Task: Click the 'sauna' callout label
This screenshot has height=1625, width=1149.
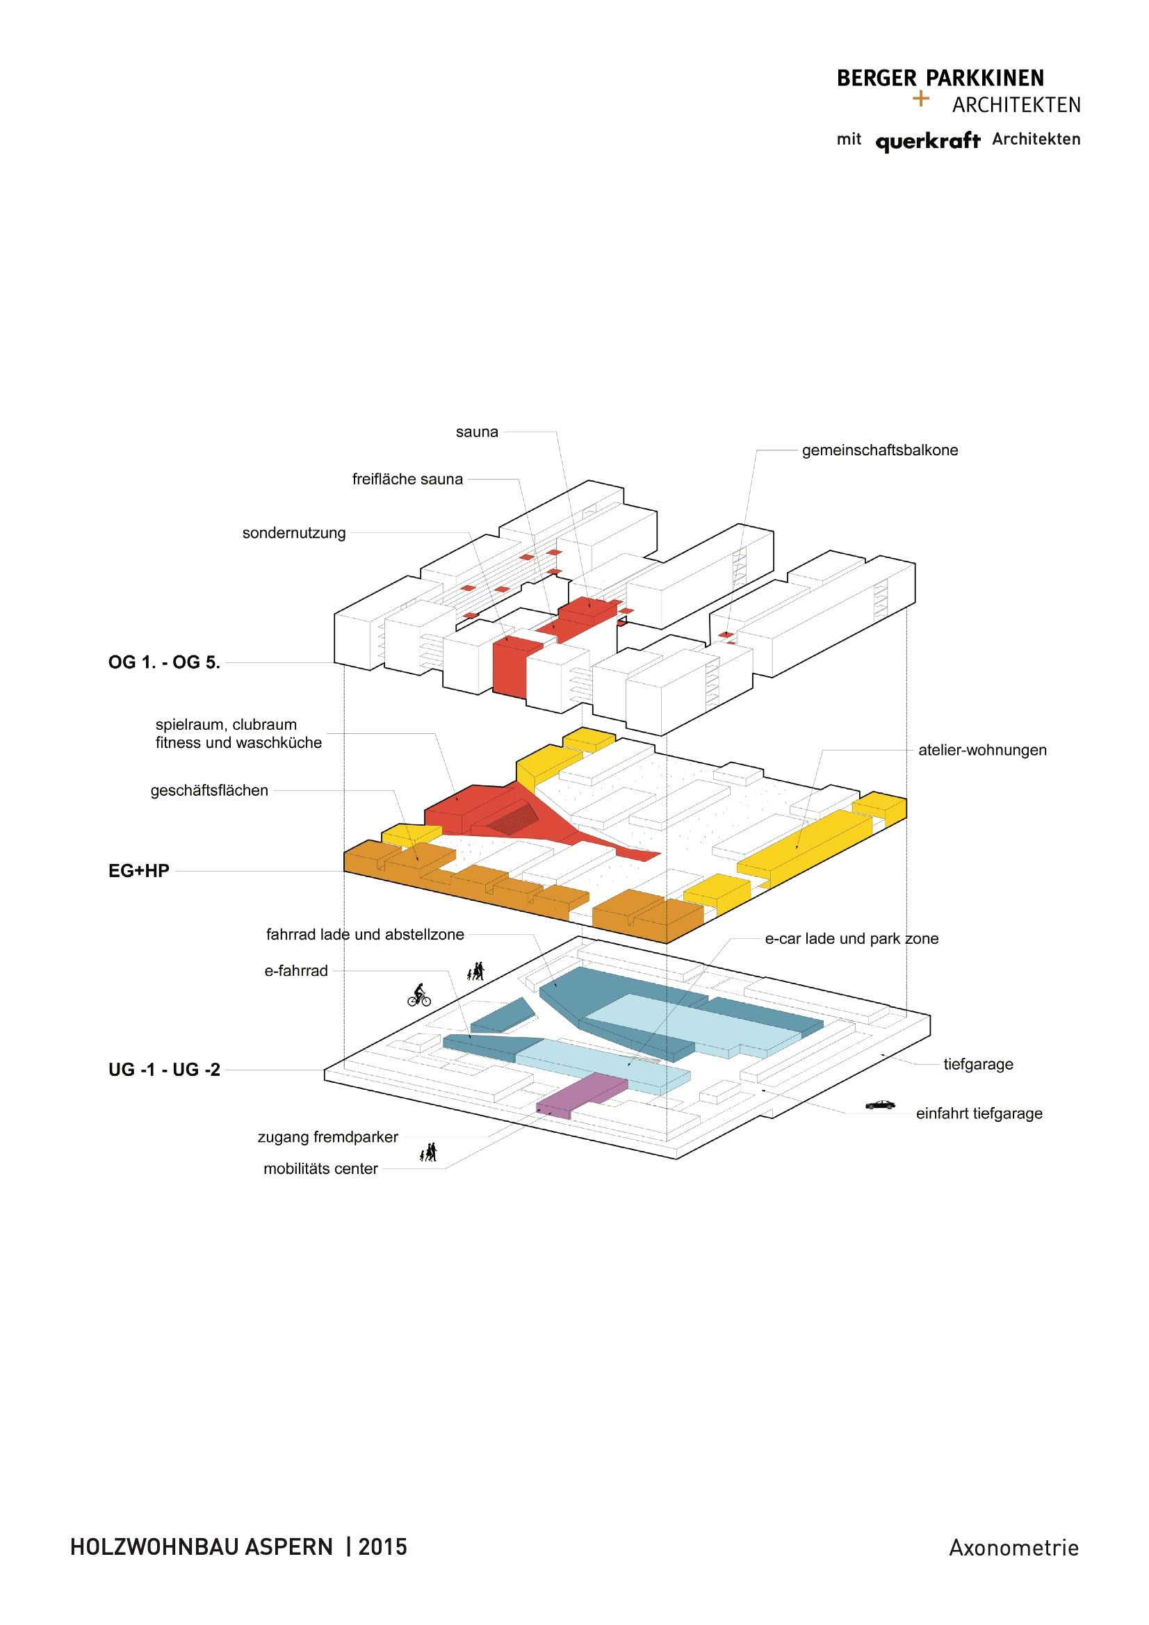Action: coord(476,432)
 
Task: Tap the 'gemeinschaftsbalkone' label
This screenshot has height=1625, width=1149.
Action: coord(879,450)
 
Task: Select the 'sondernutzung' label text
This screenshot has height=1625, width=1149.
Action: coord(294,533)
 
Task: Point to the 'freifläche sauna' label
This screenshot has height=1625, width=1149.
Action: coord(407,479)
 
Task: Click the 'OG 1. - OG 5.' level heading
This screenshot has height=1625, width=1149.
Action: coord(164,662)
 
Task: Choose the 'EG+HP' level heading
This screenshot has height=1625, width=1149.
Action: coord(139,870)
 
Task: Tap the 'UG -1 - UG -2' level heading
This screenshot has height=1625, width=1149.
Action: coord(164,1070)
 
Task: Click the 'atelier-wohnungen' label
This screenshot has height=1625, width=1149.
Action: coord(982,750)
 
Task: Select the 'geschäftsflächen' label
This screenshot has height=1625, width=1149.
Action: coord(209,790)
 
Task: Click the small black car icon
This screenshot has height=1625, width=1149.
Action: coord(880,1105)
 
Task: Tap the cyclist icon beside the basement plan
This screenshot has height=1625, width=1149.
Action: coord(419,995)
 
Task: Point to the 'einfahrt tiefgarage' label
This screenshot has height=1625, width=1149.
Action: coord(979,1113)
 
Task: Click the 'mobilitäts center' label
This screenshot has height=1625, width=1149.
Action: coord(320,1168)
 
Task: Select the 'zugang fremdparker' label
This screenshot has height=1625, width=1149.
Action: coord(327,1136)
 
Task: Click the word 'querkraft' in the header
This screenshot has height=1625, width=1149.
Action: coord(927,142)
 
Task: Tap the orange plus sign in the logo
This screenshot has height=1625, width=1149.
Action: coord(920,99)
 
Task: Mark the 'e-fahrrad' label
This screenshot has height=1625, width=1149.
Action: coord(296,971)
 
